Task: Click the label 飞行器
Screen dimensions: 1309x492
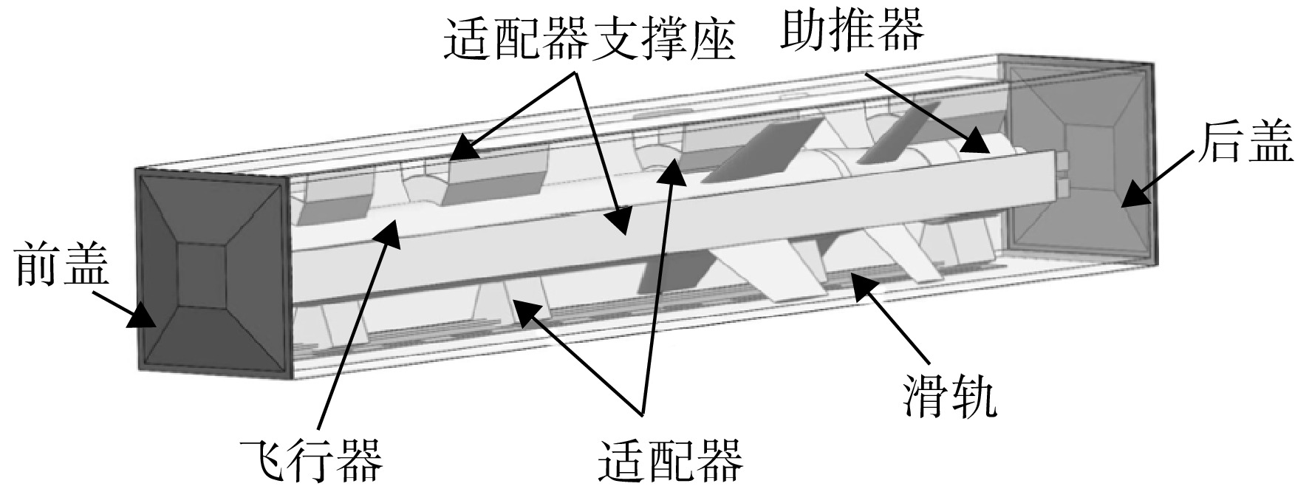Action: pyautogui.click(x=311, y=460)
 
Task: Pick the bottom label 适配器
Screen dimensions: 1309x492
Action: pyautogui.click(x=669, y=459)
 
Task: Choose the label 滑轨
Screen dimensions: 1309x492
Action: pyautogui.click(x=949, y=400)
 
